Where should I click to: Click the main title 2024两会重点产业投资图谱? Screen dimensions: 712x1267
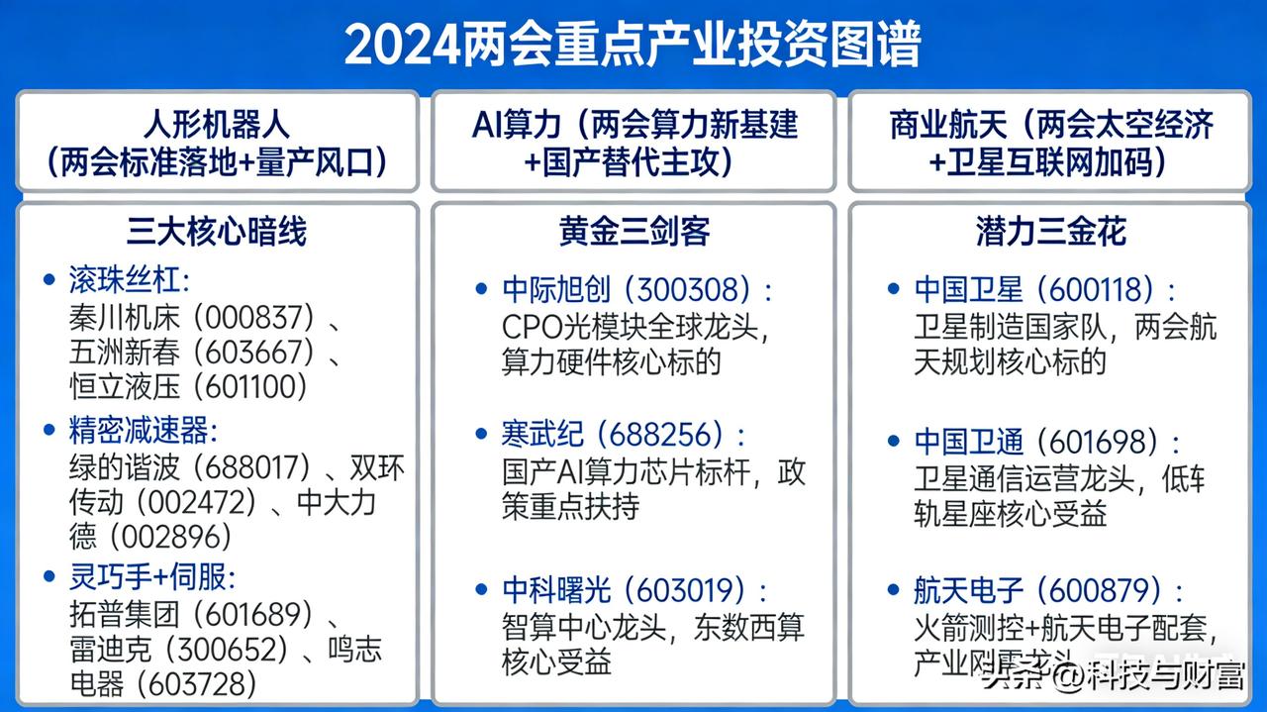click(633, 44)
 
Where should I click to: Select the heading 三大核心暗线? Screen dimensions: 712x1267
click(217, 231)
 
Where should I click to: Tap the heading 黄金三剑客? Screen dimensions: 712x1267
click(633, 231)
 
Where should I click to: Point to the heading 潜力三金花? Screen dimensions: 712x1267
click(1050, 231)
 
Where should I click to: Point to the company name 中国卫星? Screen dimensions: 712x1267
click(968, 289)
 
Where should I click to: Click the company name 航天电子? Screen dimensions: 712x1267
click(968, 591)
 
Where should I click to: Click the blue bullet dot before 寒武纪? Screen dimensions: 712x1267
click(481, 435)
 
